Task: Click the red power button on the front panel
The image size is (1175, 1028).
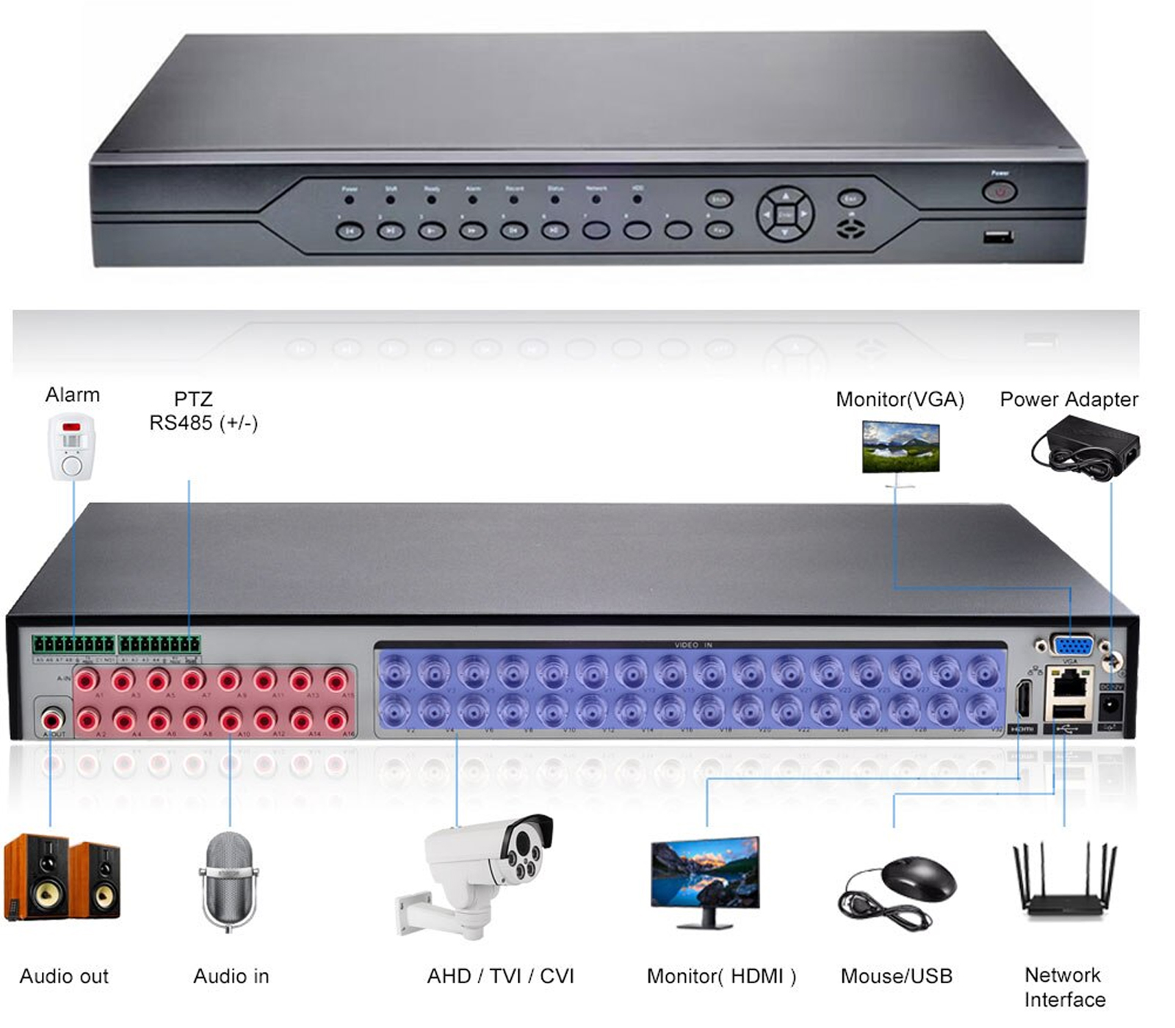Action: (999, 192)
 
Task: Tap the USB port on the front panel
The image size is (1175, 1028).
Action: (999, 237)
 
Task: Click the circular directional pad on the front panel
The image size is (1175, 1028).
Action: (785, 214)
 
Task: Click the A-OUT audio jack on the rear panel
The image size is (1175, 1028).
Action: (53, 718)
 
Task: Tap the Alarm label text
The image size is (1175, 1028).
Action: (72, 395)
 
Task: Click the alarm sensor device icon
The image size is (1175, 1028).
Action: (71, 446)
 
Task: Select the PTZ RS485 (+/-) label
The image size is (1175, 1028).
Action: (203, 411)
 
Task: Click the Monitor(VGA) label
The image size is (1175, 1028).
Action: (900, 399)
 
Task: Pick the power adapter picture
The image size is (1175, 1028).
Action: (1085, 447)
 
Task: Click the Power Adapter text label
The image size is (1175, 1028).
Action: (1069, 399)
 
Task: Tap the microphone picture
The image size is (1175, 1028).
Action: (228, 880)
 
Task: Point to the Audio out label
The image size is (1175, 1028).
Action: (64, 977)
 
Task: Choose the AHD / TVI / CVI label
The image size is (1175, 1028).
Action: (500, 977)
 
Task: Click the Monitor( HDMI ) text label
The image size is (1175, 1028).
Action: (721, 977)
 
